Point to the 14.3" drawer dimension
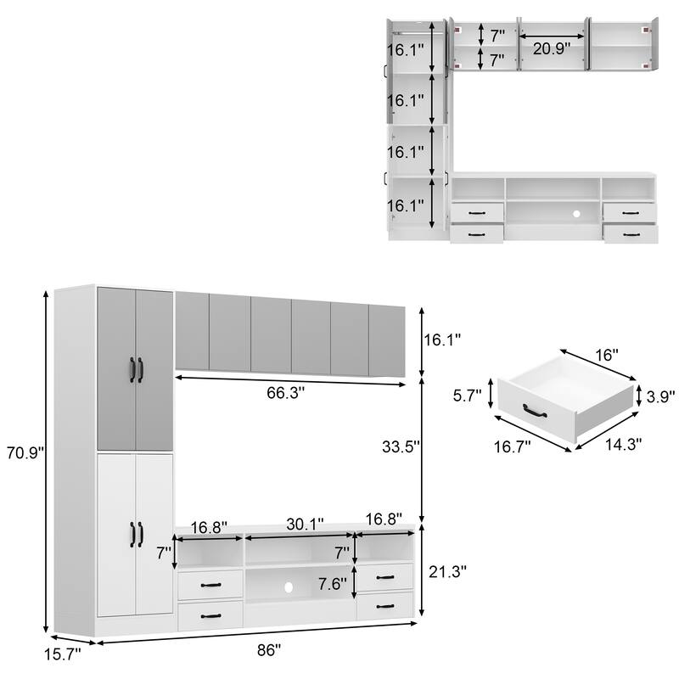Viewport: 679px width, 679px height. coord(625,442)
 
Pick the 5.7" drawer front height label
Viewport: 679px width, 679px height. coord(467,396)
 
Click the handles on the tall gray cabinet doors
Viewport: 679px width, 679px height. coord(135,369)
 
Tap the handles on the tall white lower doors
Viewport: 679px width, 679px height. coord(135,534)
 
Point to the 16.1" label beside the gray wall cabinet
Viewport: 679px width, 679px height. coord(441,339)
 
